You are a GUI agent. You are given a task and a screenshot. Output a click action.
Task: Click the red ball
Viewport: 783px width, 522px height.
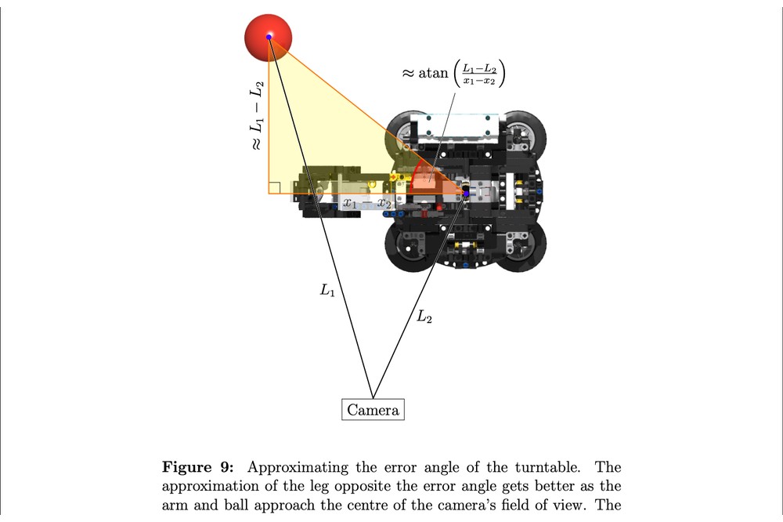(x=268, y=37)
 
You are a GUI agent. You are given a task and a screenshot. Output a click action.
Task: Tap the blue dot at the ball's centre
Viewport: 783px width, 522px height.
(x=269, y=37)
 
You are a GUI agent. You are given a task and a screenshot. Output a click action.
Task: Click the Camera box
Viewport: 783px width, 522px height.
(x=373, y=409)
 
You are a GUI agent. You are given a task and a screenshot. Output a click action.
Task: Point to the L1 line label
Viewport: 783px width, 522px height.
(x=327, y=290)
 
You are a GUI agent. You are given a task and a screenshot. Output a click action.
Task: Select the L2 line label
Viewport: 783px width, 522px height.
(x=424, y=316)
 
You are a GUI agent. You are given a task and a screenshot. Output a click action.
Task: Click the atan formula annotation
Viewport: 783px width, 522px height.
(x=453, y=73)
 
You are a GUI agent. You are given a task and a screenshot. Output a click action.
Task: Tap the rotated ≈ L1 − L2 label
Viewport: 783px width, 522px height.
(x=256, y=115)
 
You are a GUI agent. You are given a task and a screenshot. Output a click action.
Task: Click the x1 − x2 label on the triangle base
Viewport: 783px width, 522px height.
(x=367, y=203)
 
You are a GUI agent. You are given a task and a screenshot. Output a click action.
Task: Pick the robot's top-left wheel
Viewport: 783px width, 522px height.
(x=405, y=131)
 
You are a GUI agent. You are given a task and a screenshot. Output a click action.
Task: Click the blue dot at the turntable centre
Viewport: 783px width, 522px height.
(x=466, y=194)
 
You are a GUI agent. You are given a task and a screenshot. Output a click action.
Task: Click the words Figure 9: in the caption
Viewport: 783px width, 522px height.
(x=198, y=467)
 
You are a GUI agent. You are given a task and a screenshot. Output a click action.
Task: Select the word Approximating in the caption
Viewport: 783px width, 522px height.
(x=298, y=467)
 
